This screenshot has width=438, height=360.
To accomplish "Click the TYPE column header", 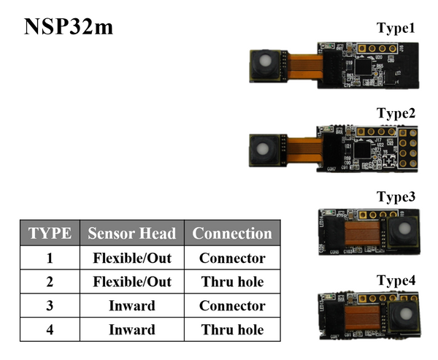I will tap(50, 234).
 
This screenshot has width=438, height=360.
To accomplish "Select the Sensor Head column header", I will tap(131, 234).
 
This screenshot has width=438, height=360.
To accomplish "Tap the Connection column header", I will tap(232, 234).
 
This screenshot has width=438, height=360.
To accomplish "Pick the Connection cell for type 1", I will tap(232, 258).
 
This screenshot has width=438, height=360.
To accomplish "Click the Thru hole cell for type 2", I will tap(232, 282).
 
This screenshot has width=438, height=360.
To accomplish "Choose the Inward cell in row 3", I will tap(131, 306).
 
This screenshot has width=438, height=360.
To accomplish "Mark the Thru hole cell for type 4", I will tap(232, 330).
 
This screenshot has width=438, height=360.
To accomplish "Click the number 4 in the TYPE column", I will tap(50, 330).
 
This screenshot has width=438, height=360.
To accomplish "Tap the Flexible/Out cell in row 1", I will tap(131, 258).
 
